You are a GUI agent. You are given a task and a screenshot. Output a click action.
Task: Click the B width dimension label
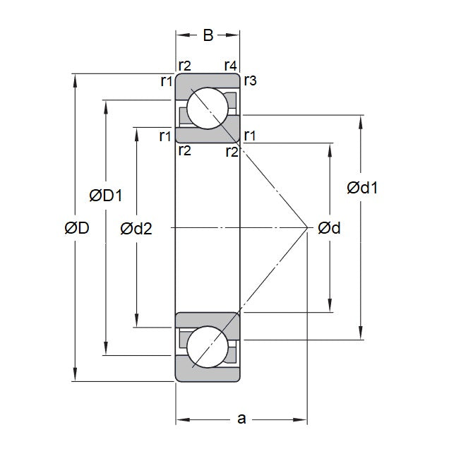[x=208, y=36]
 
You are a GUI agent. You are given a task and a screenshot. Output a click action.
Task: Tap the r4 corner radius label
[x=230, y=66]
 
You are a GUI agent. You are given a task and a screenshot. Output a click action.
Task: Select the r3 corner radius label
[x=250, y=81]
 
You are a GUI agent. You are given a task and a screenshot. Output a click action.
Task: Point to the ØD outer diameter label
[x=76, y=227]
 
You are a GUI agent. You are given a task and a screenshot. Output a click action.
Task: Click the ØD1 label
[x=107, y=195]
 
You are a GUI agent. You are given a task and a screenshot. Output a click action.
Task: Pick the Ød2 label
[x=136, y=227]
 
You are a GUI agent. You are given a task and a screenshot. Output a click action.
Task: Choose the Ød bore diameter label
[x=329, y=227]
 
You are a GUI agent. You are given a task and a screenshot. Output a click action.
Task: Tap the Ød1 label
[x=362, y=188]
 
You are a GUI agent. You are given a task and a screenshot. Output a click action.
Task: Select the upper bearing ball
[x=208, y=108]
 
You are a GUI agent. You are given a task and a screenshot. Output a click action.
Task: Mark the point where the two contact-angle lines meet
[x=308, y=227]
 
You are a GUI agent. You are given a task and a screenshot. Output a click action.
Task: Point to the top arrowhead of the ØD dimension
[x=76, y=78]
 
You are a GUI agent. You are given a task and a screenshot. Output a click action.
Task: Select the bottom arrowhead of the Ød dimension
[x=330, y=307]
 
